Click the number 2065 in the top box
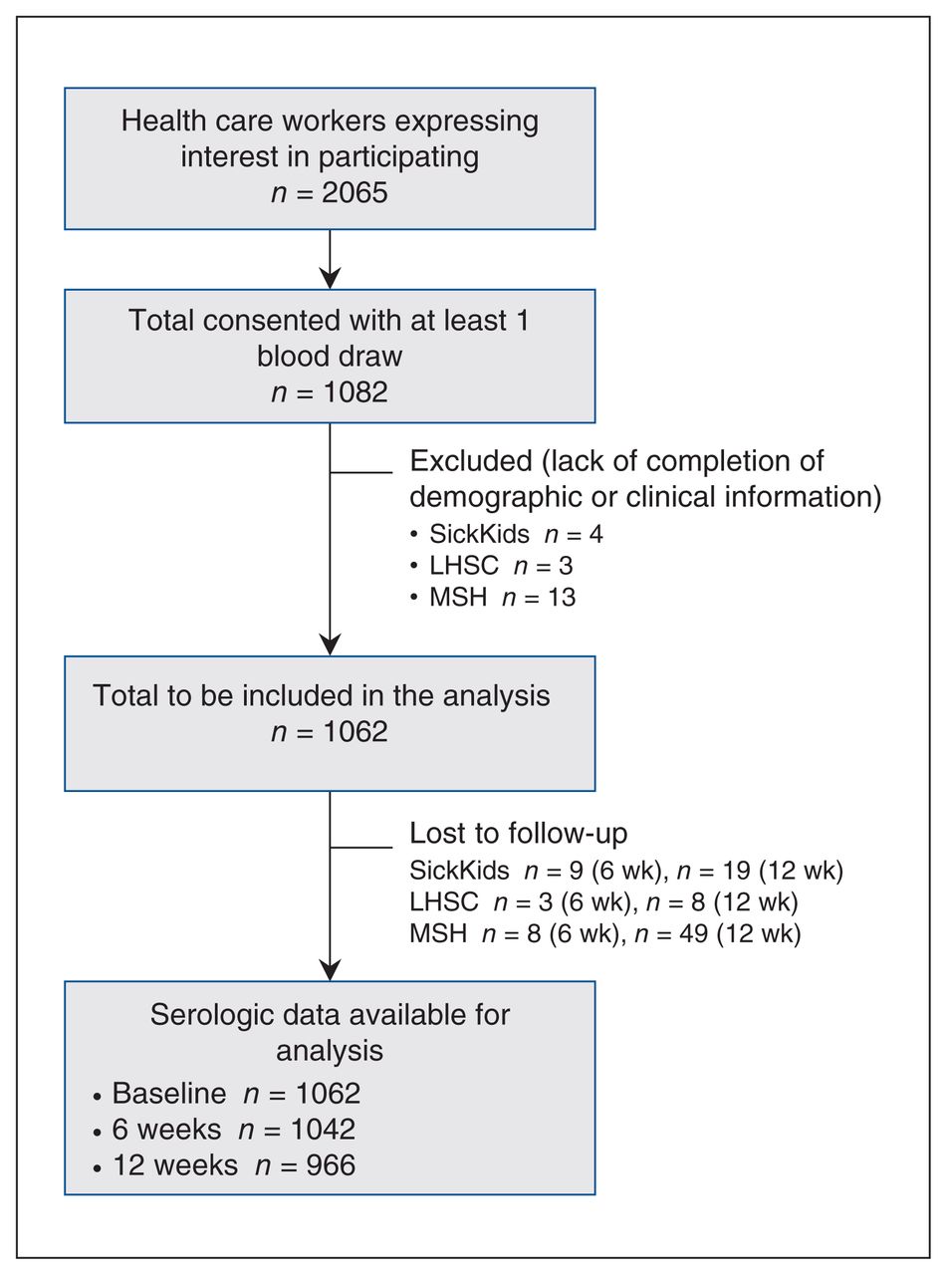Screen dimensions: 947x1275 [x=355, y=192]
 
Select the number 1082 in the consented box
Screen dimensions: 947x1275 [x=355, y=392]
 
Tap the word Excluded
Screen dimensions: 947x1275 [x=471, y=461]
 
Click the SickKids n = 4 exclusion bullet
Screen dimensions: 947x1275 [x=506, y=534]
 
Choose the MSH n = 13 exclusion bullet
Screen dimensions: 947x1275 [x=493, y=598]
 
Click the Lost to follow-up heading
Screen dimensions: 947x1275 [x=519, y=833]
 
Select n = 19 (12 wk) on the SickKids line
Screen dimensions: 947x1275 [x=760, y=871]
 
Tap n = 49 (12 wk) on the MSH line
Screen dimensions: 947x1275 [x=718, y=933]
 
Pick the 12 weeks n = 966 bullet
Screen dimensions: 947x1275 [x=224, y=1165]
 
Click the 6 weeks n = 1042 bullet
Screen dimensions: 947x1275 [x=224, y=1129]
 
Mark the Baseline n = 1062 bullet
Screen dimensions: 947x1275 [x=226, y=1093]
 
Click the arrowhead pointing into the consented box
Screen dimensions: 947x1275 [x=330, y=278]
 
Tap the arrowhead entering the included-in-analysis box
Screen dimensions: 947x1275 [x=330, y=645]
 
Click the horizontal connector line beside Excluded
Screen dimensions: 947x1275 [x=360, y=473]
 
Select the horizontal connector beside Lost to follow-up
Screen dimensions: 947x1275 [x=360, y=848]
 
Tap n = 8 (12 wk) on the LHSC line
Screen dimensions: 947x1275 [x=722, y=901]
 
